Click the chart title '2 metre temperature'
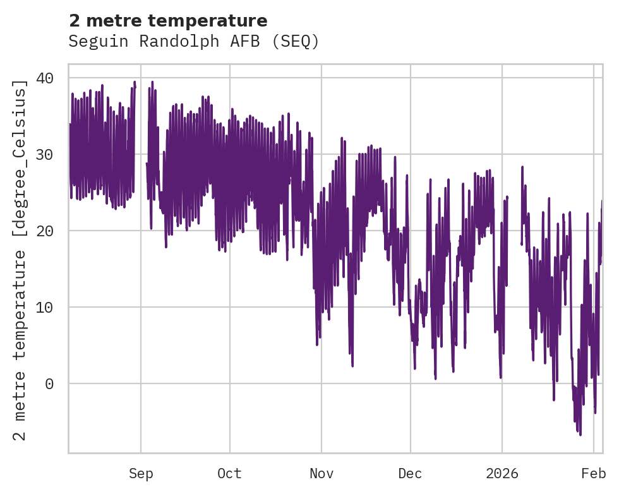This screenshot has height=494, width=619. click(168, 21)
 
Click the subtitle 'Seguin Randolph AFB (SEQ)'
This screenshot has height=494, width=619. click(194, 42)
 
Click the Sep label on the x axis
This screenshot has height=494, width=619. click(141, 474)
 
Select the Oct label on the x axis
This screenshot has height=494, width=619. click(230, 474)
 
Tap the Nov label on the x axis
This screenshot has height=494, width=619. click(322, 474)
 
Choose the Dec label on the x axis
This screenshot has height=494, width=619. click(411, 474)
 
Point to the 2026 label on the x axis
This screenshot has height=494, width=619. click(502, 474)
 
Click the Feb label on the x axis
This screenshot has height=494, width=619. click(594, 474)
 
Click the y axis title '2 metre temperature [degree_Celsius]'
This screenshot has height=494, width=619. click(21, 260)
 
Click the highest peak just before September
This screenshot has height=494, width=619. click(135, 81)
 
